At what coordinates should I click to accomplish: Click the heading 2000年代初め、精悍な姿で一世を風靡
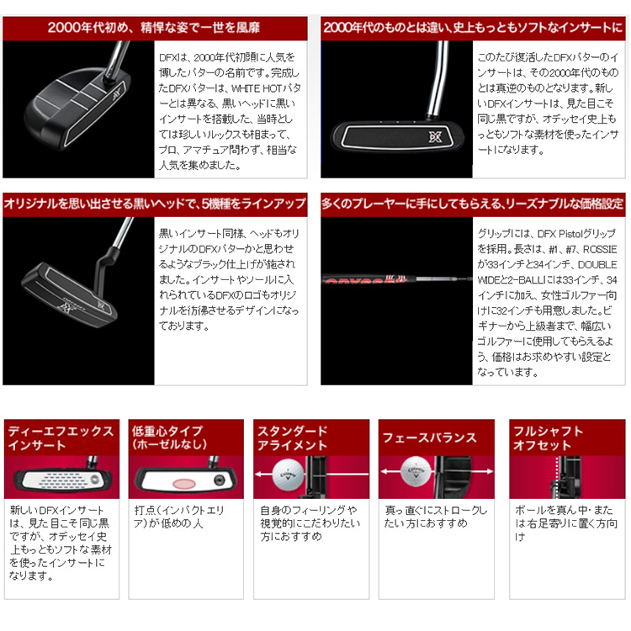pyautogui.click(x=154, y=28)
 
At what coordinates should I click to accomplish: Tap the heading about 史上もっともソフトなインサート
pyautogui.click(x=473, y=28)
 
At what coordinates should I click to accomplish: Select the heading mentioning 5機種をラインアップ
pyautogui.click(x=155, y=204)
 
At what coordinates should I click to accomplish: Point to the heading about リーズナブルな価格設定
pyautogui.click(x=473, y=204)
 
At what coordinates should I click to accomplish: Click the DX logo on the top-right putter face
pyautogui.click(x=435, y=136)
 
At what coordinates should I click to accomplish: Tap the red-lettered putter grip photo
pyautogui.click(x=396, y=278)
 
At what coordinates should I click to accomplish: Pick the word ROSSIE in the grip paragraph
pyautogui.click(x=600, y=249)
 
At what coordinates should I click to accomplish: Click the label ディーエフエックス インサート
pyautogui.click(x=61, y=437)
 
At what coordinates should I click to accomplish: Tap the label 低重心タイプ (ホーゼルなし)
pyautogui.click(x=169, y=437)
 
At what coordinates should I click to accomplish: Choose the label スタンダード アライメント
pyautogui.click(x=293, y=437)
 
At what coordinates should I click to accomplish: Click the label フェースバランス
pyautogui.click(x=429, y=437)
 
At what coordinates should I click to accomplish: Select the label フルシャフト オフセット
pyautogui.click(x=548, y=437)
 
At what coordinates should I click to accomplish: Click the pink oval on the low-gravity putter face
pyautogui.click(x=184, y=483)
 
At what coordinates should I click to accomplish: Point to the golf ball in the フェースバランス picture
pyautogui.click(x=416, y=471)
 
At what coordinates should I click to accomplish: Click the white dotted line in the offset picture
pyautogui.click(x=557, y=477)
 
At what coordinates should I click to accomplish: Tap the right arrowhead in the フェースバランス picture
pyautogui.click(x=490, y=471)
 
